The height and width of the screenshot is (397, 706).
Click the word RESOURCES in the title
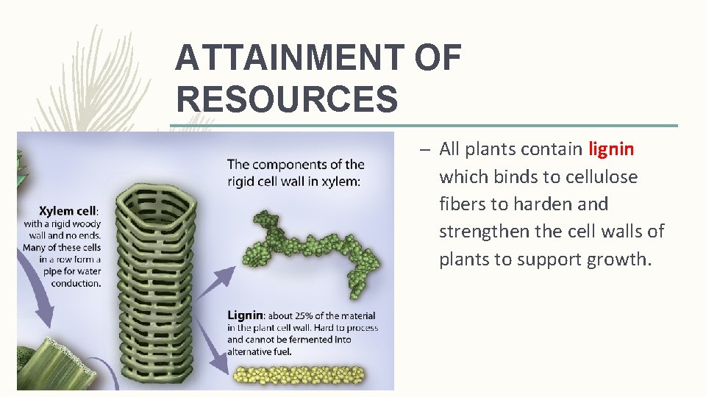coord(287,99)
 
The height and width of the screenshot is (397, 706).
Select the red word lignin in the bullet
coord(611,149)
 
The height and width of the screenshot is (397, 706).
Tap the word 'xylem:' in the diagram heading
coord(342,182)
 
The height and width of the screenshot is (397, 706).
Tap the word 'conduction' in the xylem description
coord(76,283)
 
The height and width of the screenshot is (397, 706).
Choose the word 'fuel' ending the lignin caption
coord(279,351)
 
